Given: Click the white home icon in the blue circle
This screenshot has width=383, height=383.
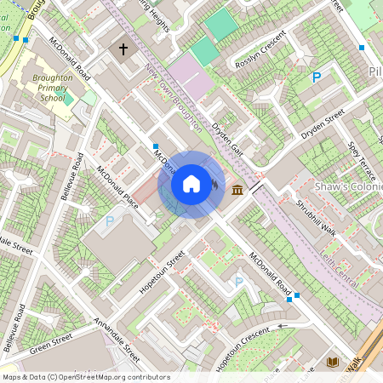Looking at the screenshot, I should point(191,184).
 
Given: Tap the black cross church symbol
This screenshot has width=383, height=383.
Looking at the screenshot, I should point(123,50).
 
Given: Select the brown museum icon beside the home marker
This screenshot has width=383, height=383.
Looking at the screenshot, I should point(236,188).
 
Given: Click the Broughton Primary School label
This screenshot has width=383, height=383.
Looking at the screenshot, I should point(43,88).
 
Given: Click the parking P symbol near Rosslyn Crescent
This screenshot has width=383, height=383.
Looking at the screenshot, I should point(317,77).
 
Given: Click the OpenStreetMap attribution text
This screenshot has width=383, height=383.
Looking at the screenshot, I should point(85,377).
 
